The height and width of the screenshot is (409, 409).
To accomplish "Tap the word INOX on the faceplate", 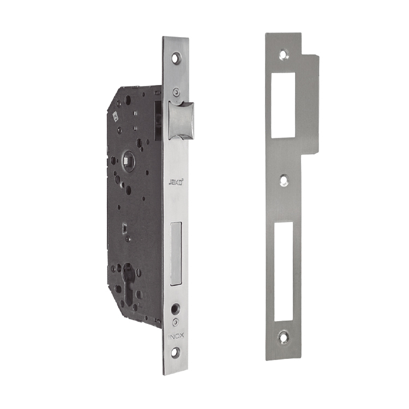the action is tap(176, 336).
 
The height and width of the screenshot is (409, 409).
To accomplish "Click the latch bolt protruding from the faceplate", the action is tap(181, 120).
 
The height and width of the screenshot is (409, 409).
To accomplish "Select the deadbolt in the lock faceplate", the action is tap(176, 253).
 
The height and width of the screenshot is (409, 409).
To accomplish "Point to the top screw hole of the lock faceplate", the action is tap(176, 58).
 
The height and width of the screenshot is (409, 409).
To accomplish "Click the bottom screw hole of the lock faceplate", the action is tap(175, 352).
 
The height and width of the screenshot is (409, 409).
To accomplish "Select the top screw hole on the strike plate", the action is tap(282, 54).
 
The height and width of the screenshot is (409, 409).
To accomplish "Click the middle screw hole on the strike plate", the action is tap(284, 180).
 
